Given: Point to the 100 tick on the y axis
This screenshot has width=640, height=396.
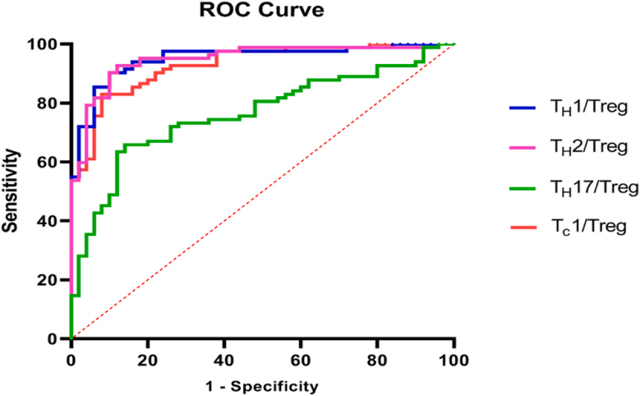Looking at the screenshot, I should coord(48,44).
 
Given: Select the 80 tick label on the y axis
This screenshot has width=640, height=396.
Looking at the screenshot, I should coord(51,104).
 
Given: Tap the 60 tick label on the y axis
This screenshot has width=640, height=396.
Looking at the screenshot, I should coord(51,163).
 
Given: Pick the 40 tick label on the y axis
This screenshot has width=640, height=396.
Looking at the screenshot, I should coord(51,221).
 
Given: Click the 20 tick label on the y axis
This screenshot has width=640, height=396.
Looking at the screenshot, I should coord(51,280).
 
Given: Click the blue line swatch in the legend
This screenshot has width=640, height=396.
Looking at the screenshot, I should coord(523,107).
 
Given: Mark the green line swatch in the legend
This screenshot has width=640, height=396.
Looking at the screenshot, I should coord(523,188).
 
